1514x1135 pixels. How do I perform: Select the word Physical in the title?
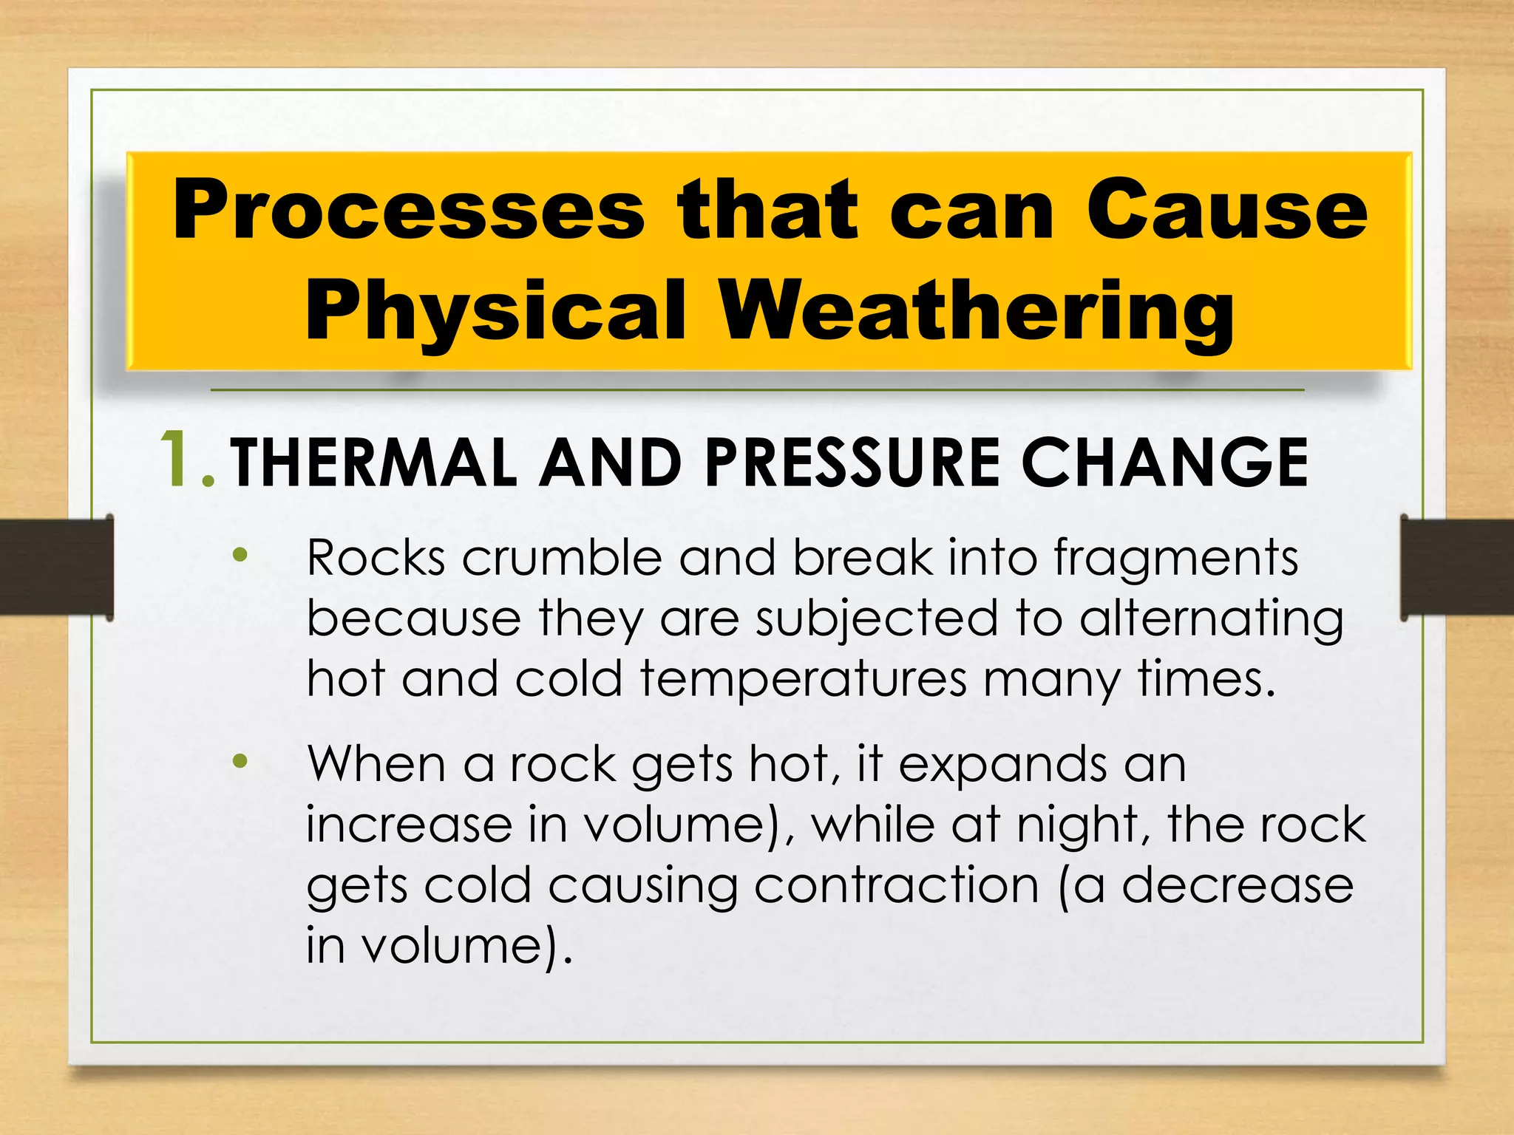(x=496, y=310)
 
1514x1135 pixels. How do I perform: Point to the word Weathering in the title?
(x=977, y=310)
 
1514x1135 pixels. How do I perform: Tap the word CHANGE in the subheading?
(x=1164, y=463)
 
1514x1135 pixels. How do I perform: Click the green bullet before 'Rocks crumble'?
(x=240, y=554)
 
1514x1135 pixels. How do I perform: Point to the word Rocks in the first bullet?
(x=376, y=557)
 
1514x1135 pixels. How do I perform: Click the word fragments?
(x=1175, y=559)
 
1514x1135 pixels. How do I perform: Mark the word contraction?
(x=896, y=885)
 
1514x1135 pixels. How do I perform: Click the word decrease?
(x=1238, y=885)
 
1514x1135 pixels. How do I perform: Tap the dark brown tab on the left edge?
(x=56, y=567)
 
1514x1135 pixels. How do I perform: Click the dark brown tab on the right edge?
(x=1456, y=567)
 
